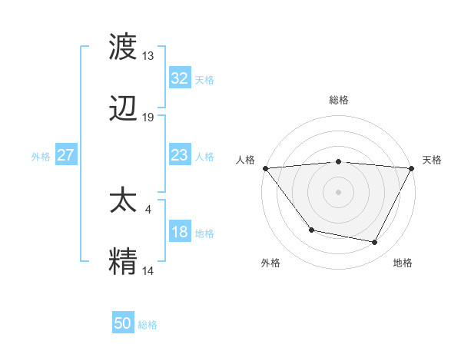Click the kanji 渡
[124, 48]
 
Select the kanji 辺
[124, 110]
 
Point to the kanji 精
[124, 261]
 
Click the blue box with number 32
[179, 78]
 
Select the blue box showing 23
[179, 155]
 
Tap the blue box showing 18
[179, 232]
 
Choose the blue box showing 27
[66, 155]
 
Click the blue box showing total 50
[123, 323]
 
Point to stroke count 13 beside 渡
[148, 56]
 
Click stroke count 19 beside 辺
[148, 118]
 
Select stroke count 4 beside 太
[148, 207]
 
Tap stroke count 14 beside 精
[148, 270]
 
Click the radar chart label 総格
[338, 100]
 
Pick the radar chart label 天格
[433, 160]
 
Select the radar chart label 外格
[270, 263]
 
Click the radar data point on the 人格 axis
[265, 167]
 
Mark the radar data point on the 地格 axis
[375, 243]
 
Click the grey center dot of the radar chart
[338, 191]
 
